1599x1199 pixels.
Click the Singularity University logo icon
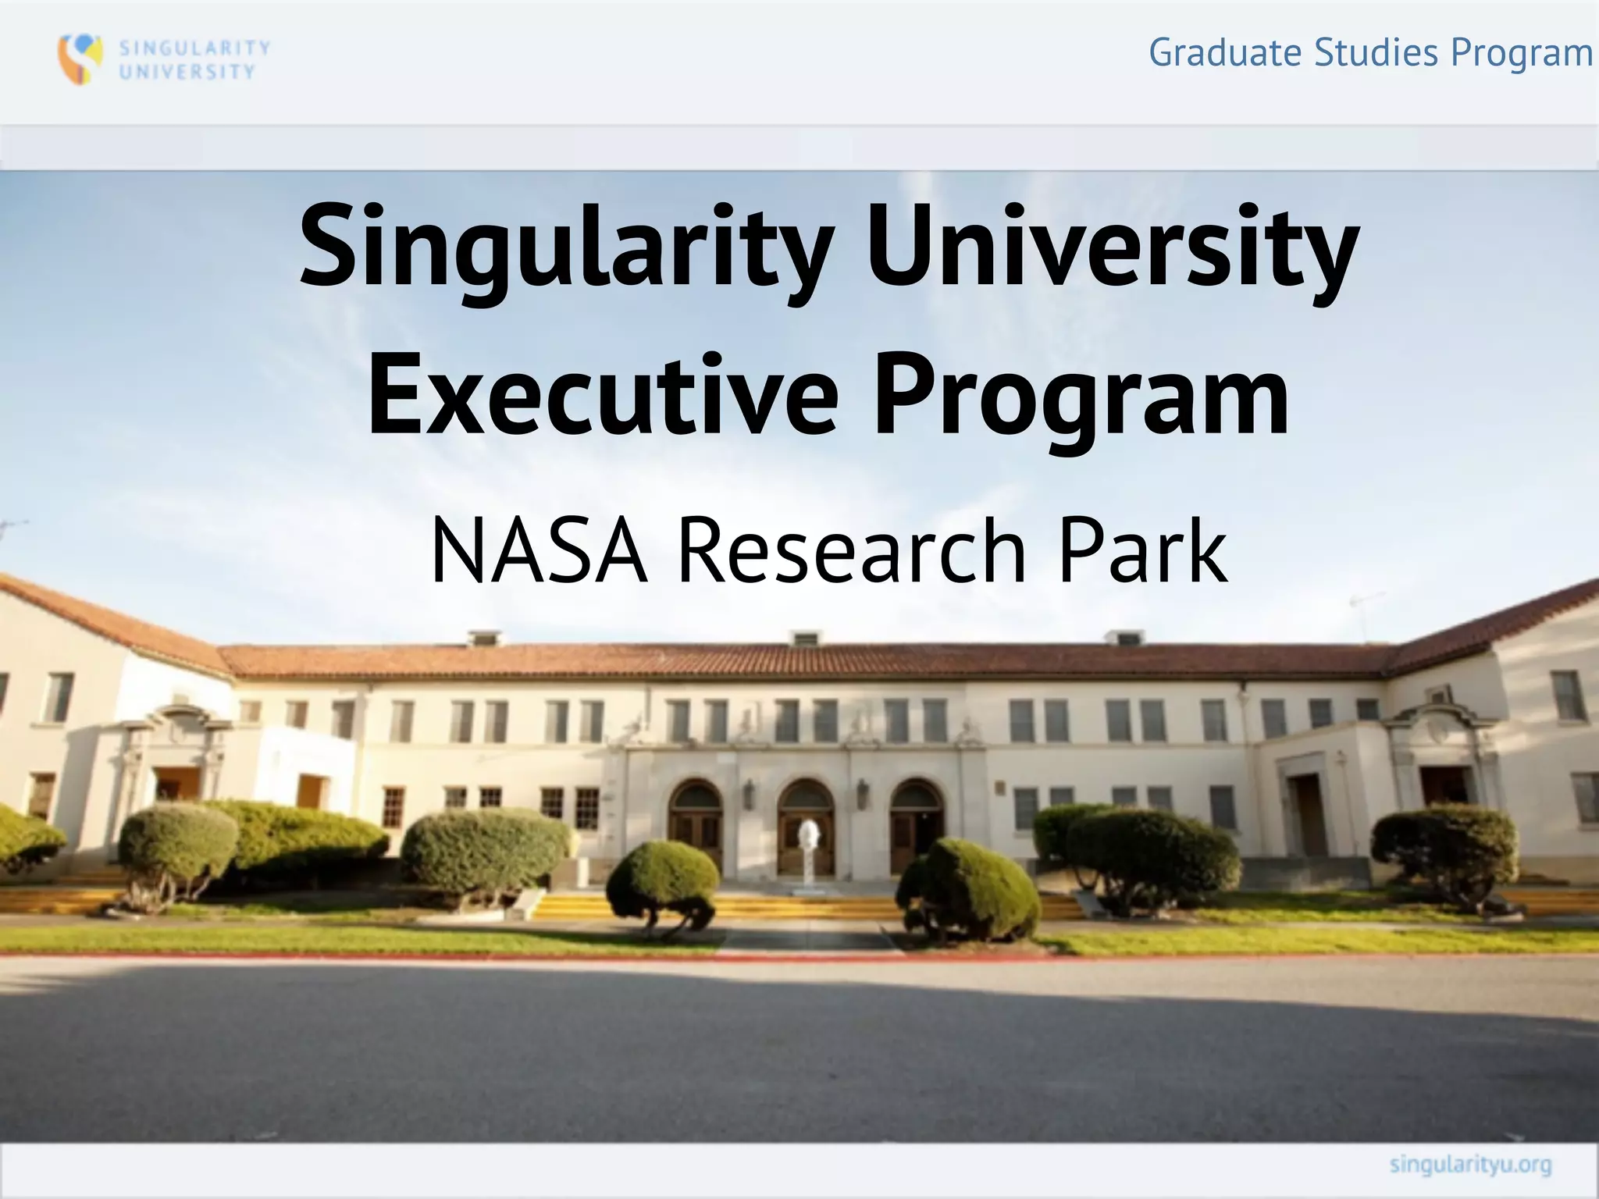click(80, 59)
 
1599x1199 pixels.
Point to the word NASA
click(539, 551)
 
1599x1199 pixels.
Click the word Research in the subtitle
click(851, 551)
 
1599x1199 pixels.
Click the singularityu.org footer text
click(1470, 1165)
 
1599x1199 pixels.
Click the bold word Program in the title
click(1081, 397)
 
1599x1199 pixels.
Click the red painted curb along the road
click(468, 954)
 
